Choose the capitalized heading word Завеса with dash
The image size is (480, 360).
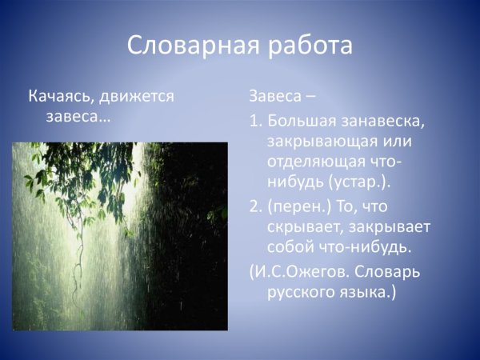[x=273, y=97]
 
